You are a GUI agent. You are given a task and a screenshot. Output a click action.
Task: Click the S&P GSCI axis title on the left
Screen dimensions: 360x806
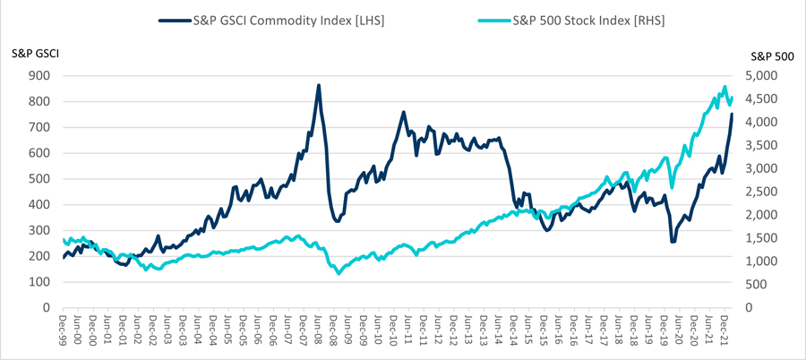point(35,54)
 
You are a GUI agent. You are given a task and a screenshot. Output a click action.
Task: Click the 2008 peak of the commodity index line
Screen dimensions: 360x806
point(319,86)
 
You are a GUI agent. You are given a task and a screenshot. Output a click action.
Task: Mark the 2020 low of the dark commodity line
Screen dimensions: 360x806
point(672,241)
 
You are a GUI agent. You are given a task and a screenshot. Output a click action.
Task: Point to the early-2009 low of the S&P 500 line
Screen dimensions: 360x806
point(339,272)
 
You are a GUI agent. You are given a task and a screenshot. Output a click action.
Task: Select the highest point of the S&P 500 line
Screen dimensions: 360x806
point(724,88)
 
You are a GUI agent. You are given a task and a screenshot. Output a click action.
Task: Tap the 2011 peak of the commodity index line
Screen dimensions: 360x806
point(404,112)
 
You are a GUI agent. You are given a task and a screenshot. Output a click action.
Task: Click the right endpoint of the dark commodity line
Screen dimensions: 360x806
point(732,114)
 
